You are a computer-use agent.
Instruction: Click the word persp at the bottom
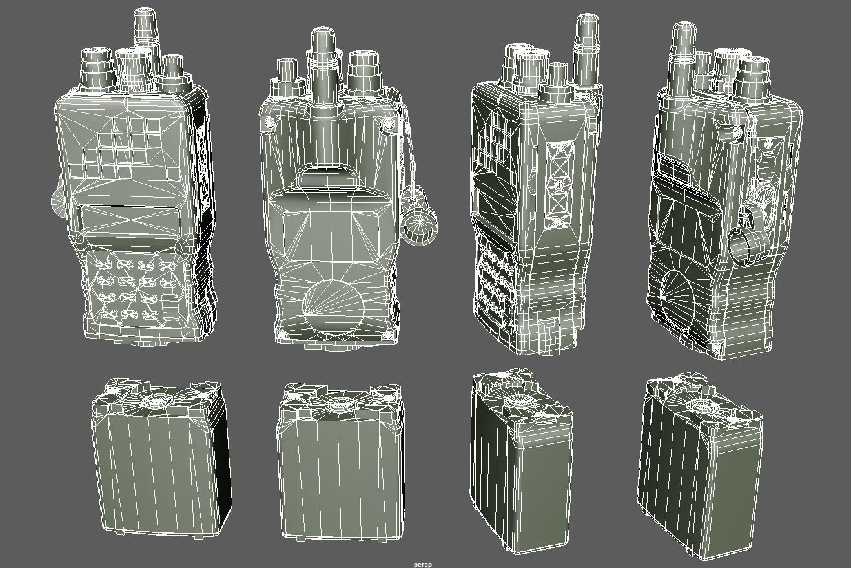423,565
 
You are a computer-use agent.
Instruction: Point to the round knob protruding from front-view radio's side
57,202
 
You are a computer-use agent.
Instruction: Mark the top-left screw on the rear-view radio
270,123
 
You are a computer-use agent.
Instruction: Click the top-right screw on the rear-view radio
388,123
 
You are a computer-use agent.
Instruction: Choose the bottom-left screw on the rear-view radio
282,335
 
